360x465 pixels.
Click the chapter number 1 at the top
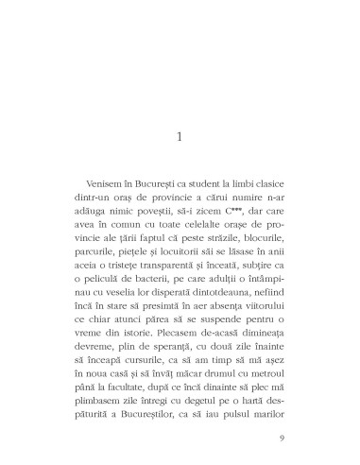pos(180,138)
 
